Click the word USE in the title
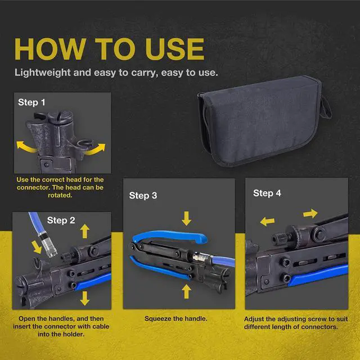[x=175, y=49]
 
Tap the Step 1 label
[x=31, y=102]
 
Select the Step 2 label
[x=61, y=220]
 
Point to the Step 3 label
[x=143, y=196]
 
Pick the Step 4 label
[x=267, y=193]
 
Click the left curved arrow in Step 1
[x=26, y=147]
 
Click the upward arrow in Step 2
[x=85, y=231]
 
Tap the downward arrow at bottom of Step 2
[x=85, y=298]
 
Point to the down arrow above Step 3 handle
[x=186, y=218]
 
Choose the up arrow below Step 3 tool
[x=186, y=291]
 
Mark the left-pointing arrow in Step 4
[x=268, y=222]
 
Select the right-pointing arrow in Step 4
[x=310, y=214]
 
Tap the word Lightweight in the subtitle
[x=43, y=73]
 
